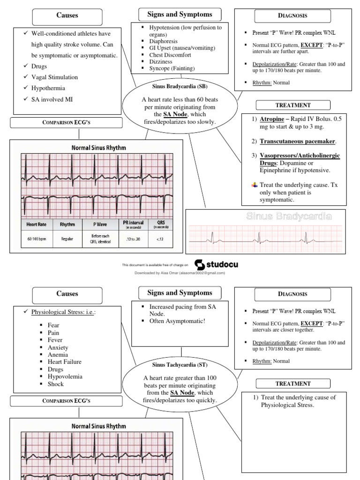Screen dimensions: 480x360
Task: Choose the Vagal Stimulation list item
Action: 54,77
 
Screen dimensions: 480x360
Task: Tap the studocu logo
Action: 216,264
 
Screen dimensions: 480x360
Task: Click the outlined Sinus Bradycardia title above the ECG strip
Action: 289,217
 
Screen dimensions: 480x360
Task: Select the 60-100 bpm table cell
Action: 37,239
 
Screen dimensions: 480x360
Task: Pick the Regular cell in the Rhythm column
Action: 67,239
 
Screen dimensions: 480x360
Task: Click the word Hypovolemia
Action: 65,376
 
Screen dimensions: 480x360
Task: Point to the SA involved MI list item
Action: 52,99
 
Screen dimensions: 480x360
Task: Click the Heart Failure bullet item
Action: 64,362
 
